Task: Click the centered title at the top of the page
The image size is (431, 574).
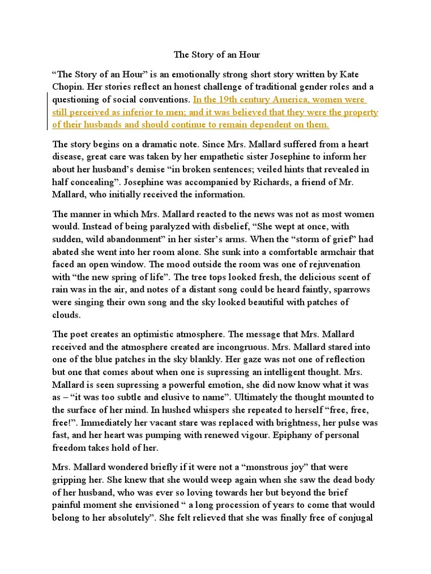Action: [217, 55]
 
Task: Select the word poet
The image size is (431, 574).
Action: [80, 334]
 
